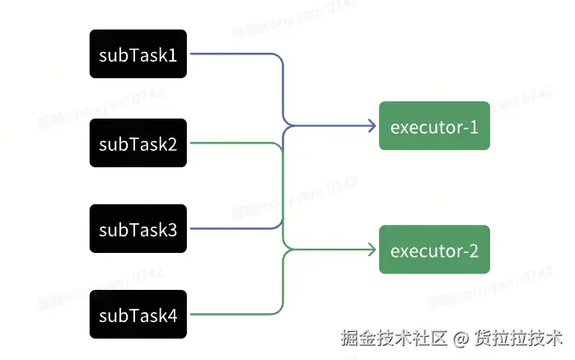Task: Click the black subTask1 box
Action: click(x=138, y=54)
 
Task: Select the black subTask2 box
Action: click(x=138, y=143)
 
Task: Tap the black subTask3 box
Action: click(x=138, y=228)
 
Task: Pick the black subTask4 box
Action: click(x=138, y=314)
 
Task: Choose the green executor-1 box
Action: click(x=434, y=126)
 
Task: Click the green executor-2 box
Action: click(x=434, y=250)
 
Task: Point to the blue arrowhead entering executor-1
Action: click(x=372, y=126)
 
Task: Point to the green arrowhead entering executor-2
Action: click(x=372, y=250)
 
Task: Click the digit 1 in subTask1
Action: click(x=173, y=55)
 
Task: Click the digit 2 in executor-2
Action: click(x=474, y=250)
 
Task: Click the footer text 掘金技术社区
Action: click(x=394, y=338)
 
